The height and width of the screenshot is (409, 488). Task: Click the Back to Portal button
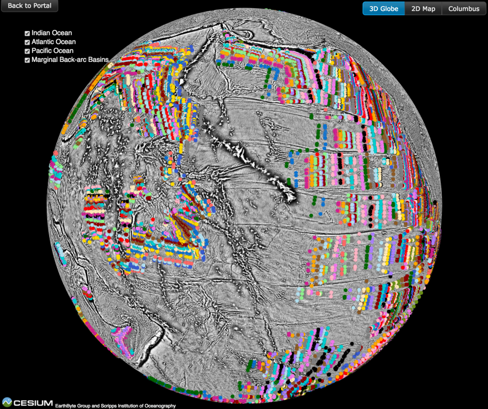click(x=29, y=6)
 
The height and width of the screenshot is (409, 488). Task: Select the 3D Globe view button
click(x=384, y=9)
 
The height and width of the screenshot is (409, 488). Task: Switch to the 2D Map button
click(x=423, y=9)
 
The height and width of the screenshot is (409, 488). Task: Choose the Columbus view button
click(x=464, y=9)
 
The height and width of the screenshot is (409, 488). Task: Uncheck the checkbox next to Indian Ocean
click(x=27, y=33)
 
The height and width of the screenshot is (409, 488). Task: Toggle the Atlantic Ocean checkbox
click(x=27, y=42)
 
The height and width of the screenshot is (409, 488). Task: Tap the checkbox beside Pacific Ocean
click(x=27, y=51)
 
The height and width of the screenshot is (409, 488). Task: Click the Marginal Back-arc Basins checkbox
click(x=27, y=60)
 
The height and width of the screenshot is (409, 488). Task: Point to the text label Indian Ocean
click(x=51, y=33)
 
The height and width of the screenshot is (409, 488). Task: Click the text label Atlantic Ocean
click(x=53, y=42)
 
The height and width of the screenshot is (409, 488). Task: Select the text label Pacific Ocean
click(x=52, y=50)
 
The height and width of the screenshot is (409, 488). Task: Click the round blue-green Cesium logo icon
click(x=7, y=402)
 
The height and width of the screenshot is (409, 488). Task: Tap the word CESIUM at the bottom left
click(x=33, y=403)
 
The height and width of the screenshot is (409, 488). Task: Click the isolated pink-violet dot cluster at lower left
click(x=123, y=339)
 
